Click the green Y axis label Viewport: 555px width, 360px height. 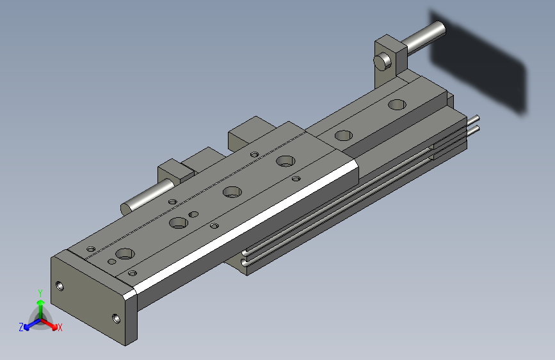coord(40,293)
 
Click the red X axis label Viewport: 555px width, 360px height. coord(60,327)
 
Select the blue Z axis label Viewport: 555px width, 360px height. coord(21,327)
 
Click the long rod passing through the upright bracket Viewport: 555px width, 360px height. coord(424,37)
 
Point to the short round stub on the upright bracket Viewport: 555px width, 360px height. coord(383,61)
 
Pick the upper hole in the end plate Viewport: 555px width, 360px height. coord(60,286)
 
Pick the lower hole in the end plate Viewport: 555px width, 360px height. coord(116,318)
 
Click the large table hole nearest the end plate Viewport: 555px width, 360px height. coord(125,254)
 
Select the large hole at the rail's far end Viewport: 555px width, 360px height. coord(397,104)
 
